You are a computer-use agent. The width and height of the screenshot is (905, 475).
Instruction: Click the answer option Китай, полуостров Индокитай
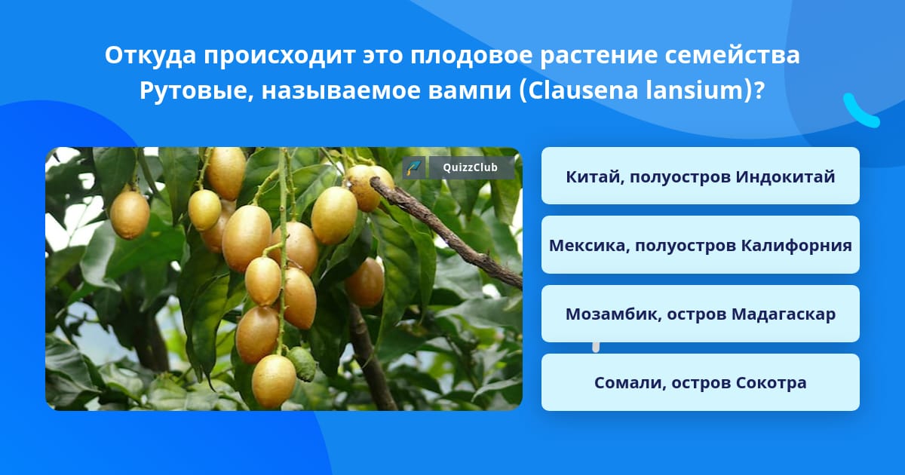700,176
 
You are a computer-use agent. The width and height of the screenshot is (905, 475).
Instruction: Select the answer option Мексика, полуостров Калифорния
700,245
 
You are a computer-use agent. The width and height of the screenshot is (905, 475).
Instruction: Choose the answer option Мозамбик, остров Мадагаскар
700,314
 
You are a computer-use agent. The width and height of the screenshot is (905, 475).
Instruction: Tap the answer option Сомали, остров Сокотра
700,382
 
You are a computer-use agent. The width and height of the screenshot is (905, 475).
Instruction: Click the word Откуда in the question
150,56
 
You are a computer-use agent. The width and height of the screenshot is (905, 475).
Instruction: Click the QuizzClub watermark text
470,167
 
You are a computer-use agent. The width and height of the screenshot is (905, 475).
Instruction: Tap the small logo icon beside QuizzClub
414,167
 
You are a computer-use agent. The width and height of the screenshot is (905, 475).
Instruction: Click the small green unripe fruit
302,364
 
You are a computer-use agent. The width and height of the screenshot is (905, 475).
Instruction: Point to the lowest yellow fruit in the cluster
274,382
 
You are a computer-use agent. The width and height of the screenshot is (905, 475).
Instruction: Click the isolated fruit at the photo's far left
130,214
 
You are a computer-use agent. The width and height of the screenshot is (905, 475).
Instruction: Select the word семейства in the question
732,56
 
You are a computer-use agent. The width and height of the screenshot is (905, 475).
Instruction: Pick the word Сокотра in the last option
772,383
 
